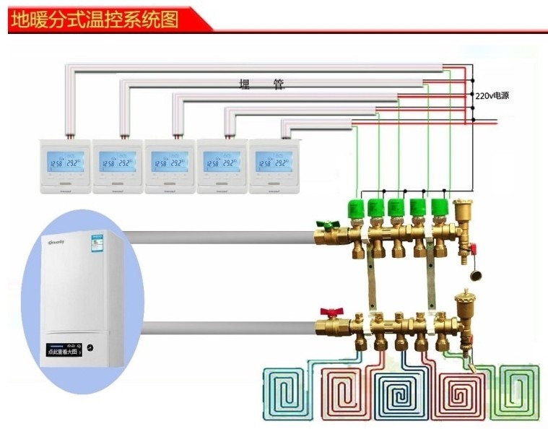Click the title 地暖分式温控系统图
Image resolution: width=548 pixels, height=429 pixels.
[94, 17]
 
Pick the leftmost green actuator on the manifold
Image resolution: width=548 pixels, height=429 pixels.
[355, 209]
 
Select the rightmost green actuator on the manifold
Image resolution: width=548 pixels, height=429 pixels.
[440, 209]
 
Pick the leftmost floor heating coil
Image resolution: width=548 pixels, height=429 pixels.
[286, 394]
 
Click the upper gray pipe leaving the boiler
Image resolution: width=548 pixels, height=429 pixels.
[217, 236]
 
